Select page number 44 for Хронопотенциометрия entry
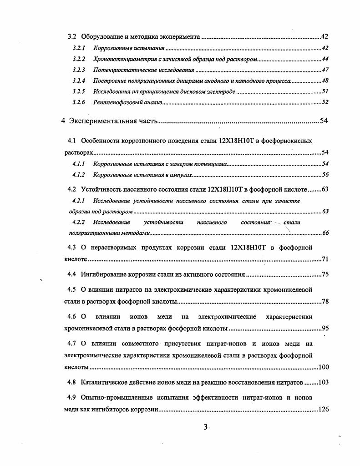[x=325, y=59]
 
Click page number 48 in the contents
[x=325, y=81]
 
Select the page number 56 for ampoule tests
[x=325, y=175]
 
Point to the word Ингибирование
[x=105, y=274]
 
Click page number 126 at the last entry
[x=323, y=410]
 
